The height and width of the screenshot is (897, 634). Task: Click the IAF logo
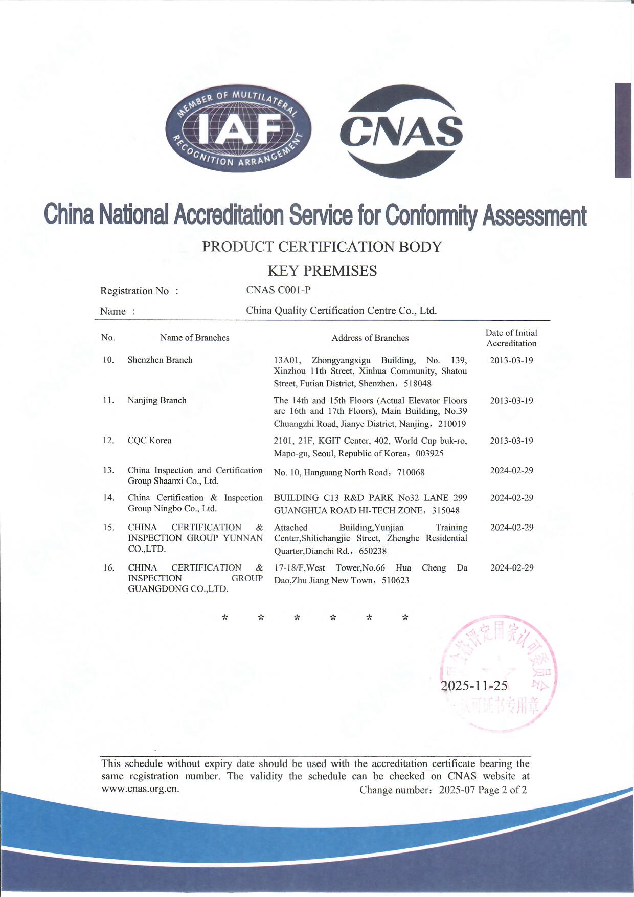[238, 128]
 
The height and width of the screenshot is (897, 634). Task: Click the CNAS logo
[401, 131]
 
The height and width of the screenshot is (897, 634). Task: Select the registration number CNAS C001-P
[278, 290]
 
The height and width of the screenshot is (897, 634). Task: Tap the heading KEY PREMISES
[322, 271]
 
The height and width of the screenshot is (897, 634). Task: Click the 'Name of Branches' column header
[194, 338]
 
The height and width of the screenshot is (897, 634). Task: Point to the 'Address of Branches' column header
[370, 338]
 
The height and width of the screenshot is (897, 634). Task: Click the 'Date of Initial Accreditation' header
[511, 338]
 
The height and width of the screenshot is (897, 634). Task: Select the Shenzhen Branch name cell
[160, 360]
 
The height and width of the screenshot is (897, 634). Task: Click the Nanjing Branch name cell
[157, 400]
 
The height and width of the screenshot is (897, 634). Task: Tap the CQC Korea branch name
[149, 441]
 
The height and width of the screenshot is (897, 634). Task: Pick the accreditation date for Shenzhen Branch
[511, 360]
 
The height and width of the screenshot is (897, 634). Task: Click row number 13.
[108, 470]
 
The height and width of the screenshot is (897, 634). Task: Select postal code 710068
[411, 472]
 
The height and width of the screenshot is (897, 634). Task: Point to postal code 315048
[446, 510]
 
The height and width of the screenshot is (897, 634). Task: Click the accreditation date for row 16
[512, 567]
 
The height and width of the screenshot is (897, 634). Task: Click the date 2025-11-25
[474, 686]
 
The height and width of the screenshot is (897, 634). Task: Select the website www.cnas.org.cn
[140, 789]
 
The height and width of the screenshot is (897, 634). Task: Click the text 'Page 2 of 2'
[502, 790]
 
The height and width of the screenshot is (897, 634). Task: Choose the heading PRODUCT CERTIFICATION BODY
[322, 247]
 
